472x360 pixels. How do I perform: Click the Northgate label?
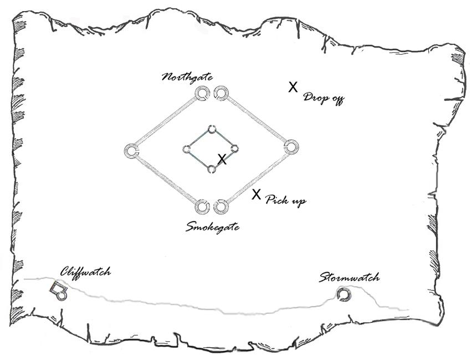click(x=187, y=78)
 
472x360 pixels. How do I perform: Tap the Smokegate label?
click(x=213, y=227)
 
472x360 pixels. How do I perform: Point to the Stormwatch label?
click(x=349, y=277)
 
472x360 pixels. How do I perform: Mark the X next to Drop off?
click(x=294, y=87)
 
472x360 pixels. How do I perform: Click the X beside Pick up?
click(x=256, y=194)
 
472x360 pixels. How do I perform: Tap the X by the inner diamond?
click(x=222, y=160)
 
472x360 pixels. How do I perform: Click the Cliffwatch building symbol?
click(x=58, y=290)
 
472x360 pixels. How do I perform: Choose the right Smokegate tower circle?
click(x=220, y=207)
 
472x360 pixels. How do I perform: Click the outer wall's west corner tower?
click(x=131, y=151)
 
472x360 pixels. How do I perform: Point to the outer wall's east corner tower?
click(x=291, y=147)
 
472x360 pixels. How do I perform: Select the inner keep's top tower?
click(x=211, y=130)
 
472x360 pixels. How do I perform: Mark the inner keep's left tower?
click(x=187, y=149)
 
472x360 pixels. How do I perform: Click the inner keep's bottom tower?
click(x=211, y=168)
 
